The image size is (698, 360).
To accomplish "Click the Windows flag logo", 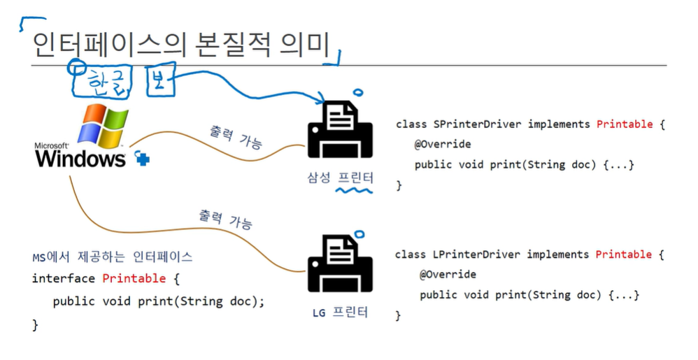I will click(103, 126).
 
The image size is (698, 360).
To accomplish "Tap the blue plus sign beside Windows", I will click(143, 159).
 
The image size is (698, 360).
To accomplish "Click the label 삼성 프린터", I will click(339, 178).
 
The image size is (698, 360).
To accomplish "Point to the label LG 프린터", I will click(340, 312).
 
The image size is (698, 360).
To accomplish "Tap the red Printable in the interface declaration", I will click(134, 278).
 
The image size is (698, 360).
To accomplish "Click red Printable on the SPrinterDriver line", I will click(625, 124).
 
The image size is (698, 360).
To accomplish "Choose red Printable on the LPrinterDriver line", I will click(624, 254).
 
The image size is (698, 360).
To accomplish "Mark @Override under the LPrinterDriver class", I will click(448, 275).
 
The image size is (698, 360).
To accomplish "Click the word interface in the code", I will click(64, 278).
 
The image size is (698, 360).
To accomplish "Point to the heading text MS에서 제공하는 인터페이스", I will click(113, 257).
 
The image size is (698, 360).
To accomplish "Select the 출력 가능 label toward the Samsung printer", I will click(236, 137).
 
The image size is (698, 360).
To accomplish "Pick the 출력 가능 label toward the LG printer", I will click(225, 219).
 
